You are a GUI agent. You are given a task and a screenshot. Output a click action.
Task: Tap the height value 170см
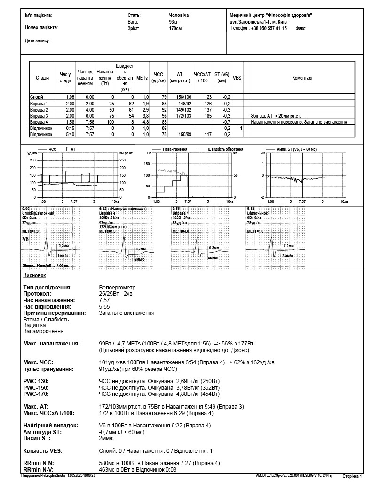[175, 28]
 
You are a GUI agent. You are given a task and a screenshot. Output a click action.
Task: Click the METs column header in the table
[142, 78]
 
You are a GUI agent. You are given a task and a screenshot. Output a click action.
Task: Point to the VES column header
[237, 78]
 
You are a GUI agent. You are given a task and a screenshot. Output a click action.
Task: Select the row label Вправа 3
[39, 116]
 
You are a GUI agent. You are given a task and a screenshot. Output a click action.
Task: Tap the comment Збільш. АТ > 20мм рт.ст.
[276, 116]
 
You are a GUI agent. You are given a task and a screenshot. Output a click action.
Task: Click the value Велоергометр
[117, 287]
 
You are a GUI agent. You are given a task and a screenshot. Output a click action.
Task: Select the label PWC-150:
[36, 387]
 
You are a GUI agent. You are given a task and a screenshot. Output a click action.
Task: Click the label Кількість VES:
[43, 450]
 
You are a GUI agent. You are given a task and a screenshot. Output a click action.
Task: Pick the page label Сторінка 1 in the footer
[352, 476]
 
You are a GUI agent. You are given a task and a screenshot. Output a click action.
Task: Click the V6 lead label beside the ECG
[25, 239]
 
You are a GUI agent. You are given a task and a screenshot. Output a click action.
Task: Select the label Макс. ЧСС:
[39, 362]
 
